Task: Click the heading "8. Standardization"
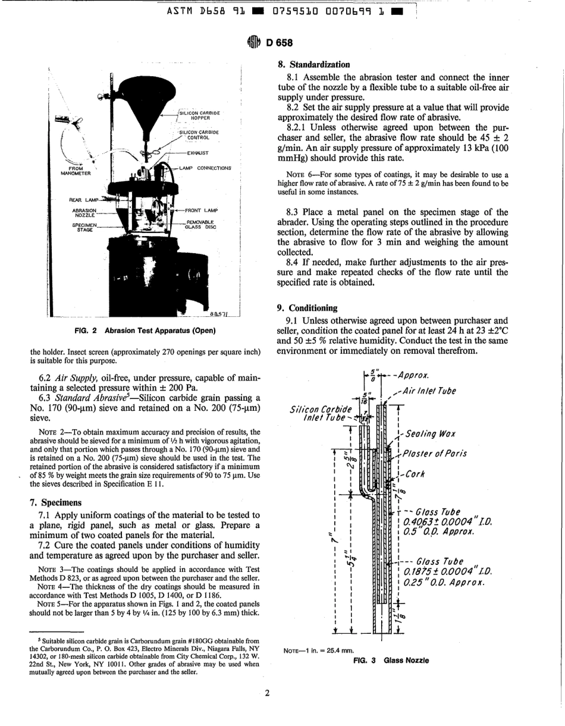(x=313, y=64)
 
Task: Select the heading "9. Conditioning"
(x=307, y=308)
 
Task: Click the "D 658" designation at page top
(x=277, y=43)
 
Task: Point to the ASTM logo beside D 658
(x=254, y=43)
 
